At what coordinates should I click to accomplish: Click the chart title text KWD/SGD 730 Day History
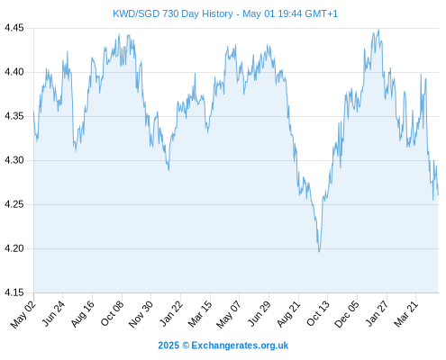pos(173,13)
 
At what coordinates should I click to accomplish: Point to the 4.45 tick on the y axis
pos(14,28)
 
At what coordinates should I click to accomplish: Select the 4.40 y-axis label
pos(14,72)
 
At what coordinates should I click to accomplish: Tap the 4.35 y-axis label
pos(14,116)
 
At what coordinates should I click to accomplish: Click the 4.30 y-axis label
pos(14,160)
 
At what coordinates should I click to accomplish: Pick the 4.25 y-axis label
pos(14,204)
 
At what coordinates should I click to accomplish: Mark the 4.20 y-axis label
pos(14,248)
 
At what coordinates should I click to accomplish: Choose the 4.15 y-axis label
pos(14,292)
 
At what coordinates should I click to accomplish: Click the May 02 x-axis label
pos(23,314)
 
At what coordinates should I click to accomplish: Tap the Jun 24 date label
pos(53,313)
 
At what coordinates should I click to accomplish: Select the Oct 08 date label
pos(112,314)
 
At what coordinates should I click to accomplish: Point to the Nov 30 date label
pos(141,314)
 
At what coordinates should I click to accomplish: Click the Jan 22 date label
pos(171,313)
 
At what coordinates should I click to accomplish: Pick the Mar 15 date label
pos(200,314)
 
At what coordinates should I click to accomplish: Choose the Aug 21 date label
pos(288,314)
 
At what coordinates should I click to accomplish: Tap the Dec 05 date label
pos(347,314)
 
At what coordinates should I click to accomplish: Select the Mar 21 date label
pos(405,314)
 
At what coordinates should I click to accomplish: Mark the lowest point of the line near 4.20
pos(319,251)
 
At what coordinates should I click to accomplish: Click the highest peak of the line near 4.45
pos(378,30)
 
